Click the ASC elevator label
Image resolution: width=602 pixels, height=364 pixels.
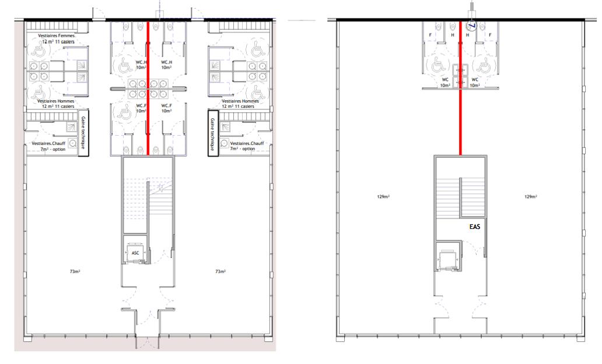pyautogui.click(x=135, y=252)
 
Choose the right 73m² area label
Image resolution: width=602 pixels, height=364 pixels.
pyautogui.click(x=220, y=271)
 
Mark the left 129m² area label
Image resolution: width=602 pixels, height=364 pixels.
pyautogui.click(x=383, y=197)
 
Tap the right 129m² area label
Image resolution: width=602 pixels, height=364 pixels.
pyautogui.click(x=530, y=197)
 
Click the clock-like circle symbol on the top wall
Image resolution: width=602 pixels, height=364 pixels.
pyautogui.click(x=472, y=26)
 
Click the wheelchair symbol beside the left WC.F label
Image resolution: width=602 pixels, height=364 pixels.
pyautogui.click(x=124, y=109)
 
